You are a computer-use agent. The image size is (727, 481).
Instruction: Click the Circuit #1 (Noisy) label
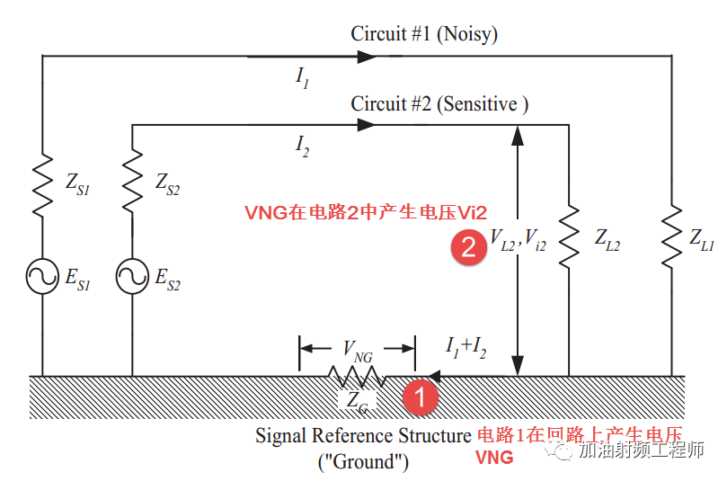pos(424,35)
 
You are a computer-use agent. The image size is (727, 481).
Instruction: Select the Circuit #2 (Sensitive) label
pos(439,104)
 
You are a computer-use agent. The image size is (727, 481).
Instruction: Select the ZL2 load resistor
pos(569,239)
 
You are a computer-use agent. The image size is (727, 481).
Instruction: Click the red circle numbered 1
pos(420,394)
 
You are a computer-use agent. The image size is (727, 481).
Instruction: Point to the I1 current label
pos(303,77)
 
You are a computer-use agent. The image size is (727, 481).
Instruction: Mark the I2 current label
pos(303,146)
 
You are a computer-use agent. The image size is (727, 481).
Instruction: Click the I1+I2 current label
pos(465,347)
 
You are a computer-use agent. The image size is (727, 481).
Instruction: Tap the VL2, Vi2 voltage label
pos(518,240)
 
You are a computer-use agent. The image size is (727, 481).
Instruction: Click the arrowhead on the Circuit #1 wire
pos(366,56)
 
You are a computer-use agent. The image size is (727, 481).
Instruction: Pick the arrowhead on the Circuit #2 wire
pos(366,125)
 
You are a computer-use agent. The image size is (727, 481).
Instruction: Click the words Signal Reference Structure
pos(364,436)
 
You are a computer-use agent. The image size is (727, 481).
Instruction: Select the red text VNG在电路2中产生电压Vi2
pos(366,212)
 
